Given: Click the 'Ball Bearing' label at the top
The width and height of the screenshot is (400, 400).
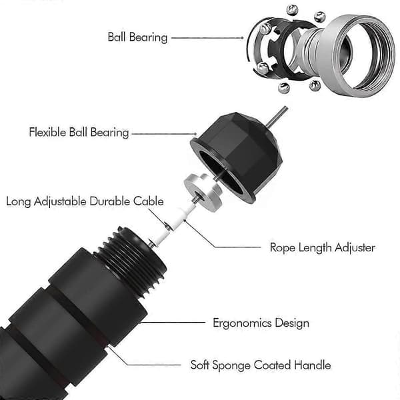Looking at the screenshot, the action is (137, 37).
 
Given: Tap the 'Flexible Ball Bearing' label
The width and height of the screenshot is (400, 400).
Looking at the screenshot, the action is (79, 133).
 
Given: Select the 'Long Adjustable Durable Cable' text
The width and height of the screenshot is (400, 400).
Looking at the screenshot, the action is (85, 201).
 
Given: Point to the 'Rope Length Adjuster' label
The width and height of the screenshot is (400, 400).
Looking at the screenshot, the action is (323, 248).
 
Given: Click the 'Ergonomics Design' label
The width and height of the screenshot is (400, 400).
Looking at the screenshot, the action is (261, 323).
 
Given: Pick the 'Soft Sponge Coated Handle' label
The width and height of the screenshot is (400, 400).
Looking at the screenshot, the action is (261, 365).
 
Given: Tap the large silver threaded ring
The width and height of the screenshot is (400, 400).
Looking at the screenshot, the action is (356, 55).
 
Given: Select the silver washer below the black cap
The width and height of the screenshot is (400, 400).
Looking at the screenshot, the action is (203, 192).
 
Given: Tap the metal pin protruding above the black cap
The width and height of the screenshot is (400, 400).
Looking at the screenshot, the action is (277, 117).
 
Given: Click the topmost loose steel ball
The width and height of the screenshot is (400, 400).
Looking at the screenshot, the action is (292, 10).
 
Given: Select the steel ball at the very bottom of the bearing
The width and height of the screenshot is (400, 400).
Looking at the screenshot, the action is (283, 88).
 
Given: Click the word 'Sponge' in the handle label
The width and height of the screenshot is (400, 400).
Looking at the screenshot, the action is (231, 365).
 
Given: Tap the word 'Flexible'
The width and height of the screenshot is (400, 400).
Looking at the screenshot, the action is (48, 133).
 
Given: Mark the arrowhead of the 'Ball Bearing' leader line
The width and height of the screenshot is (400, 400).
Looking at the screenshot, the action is (243, 38).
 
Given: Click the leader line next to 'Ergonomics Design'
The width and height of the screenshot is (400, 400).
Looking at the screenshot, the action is (172, 323).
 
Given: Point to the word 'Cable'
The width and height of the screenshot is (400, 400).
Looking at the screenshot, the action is (149, 201).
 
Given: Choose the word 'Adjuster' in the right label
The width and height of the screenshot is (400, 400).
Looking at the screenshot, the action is (355, 248).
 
